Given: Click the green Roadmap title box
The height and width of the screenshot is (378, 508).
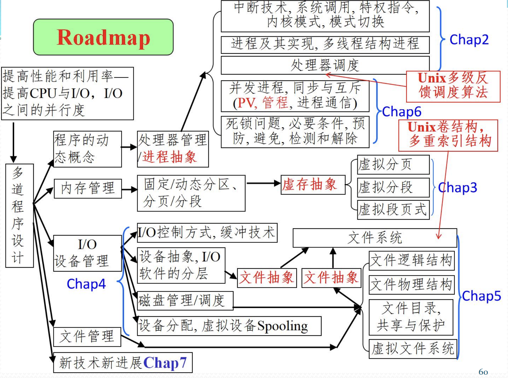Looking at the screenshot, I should (103, 37).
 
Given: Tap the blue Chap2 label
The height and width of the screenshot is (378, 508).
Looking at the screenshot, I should (469, 40).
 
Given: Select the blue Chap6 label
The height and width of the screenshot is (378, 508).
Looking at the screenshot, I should (402, 112).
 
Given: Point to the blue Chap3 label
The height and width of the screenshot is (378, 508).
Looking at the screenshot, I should (458, 188).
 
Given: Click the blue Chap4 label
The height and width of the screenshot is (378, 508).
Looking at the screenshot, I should (86, 284).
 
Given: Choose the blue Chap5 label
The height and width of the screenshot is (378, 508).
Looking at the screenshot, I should (481, 296).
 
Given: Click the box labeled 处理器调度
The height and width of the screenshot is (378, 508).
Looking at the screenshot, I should (325, 65).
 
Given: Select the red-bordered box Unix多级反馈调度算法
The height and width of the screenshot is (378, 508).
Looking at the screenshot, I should (453, 86).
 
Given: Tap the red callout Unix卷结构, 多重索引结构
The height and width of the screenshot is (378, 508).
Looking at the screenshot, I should (448, 135).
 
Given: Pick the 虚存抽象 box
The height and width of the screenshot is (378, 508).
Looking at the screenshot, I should (313, 185).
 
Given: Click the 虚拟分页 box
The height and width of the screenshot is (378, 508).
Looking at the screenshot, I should (393, 165).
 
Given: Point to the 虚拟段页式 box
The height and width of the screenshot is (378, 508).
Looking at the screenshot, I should (393, 210).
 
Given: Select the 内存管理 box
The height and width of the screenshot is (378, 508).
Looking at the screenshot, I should (88, 188).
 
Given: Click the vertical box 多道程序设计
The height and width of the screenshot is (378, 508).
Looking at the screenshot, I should (19, 215).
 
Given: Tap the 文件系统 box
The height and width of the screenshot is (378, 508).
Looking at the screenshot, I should (375, 238).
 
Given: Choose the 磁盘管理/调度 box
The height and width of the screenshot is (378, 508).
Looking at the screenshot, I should (185, 300).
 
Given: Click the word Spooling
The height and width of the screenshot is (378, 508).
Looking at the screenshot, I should (282, 326).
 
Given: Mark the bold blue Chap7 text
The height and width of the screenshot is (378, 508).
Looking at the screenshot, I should (165, 362).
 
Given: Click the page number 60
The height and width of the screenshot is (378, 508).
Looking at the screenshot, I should (483, 372).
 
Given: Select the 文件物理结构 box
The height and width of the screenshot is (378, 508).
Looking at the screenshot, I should (411, 285).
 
